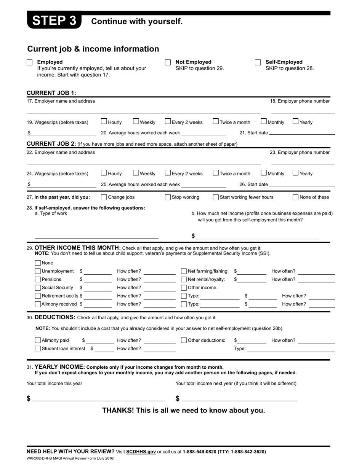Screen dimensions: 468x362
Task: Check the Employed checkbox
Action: pyautogui.click(x=30, y=62)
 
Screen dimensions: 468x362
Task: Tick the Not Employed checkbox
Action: pyautogui.click(x=168, y=62)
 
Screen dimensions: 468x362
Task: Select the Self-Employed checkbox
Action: pyautogui.click(x=258, y=62)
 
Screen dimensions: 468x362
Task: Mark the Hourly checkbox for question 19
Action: pyautogui.click(x=104, y=122)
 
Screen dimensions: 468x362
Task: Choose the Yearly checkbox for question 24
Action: pyautogui.click(x=295, y=173)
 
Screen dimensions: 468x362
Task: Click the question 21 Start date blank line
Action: pyautogui.click(x=302, y=133)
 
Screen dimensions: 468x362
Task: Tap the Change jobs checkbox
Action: pyautogui.click(x=104, y=197)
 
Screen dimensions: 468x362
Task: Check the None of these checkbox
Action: pyautogui.click(x=295, y=197)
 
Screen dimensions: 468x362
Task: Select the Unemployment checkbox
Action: pyautogui.click(x=38, y=271)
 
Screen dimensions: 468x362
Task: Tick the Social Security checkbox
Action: pyautogui.click(x=38, y=288)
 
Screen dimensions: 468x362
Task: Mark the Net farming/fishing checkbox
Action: pyautogui.click(x=184, y=271)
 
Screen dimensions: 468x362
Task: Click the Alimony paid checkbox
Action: pyautogui.click(x=38, y=341)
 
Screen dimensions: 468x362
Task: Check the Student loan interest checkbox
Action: pyautogui.click(x=38, y=349)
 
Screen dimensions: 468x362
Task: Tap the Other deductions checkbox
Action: pyautogui.click(x=184, y=341)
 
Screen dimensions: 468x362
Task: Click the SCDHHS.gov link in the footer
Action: pyautogui.click(x=141, y=452)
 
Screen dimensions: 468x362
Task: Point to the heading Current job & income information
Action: pyautogui.click(x=93, y=49)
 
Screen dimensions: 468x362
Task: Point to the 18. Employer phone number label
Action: pyautogui.click(x=300, y=101)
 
